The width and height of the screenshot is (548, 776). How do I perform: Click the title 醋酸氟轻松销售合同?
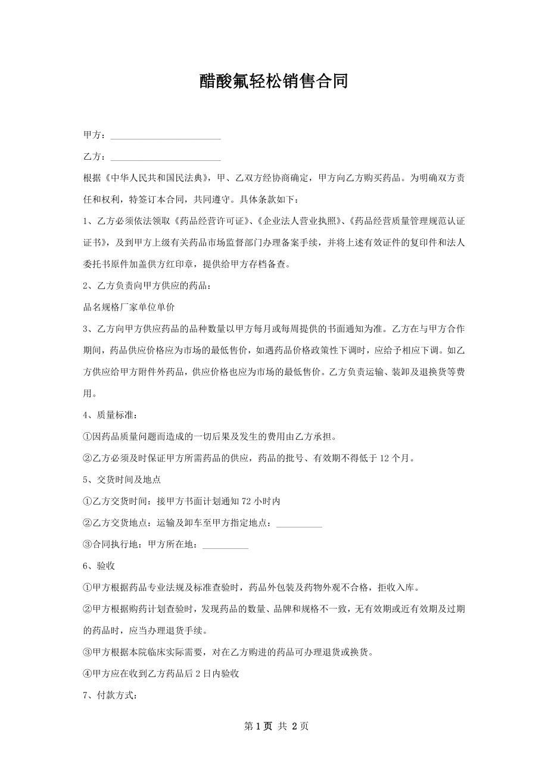(x=273, y=82)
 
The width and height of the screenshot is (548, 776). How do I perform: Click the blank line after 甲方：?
(x=166, y=136)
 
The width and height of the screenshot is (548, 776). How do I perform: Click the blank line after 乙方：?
(x=166, y=157)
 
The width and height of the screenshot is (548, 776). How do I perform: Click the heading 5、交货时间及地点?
(x=122, y=480)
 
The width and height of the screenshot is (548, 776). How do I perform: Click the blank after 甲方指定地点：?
(x=300, y=523)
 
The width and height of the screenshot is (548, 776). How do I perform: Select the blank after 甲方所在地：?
(x=226, y=545)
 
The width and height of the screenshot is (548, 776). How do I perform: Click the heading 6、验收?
(x=99, y=566)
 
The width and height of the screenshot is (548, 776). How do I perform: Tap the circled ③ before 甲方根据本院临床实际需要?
(x=88, y=651)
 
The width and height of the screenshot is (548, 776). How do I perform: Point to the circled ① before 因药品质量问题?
(x=88, y=437)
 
